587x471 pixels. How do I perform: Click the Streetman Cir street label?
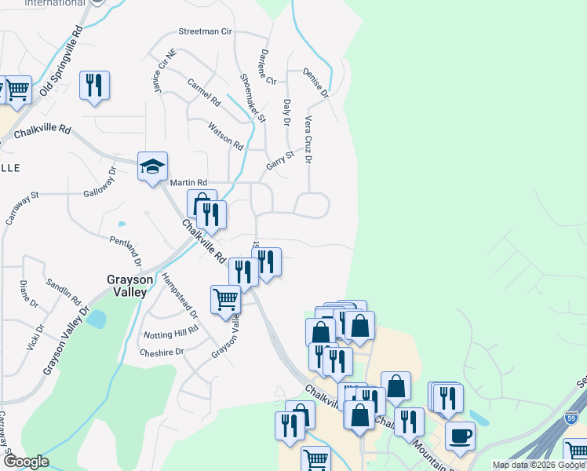coord(206,32)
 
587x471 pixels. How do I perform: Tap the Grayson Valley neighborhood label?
coord(126,285)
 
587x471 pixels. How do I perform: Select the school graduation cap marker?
coord(152,166)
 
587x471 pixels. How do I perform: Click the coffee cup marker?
coord(460,436)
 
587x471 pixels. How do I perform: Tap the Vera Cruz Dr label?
coord(308,140)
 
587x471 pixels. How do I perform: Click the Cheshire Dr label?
coord(161,352)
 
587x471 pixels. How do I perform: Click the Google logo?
coord(26,462)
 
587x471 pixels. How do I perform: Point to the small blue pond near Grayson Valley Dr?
coord(97,319)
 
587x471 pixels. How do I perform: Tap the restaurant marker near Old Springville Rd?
coord(95,86)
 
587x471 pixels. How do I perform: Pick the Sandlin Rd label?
coord(64,290)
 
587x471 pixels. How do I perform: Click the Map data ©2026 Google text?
coord(538,465)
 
